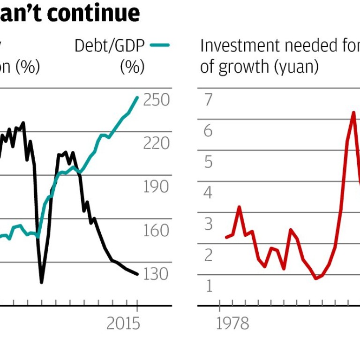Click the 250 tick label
pyautogui.click(x=157, y=100)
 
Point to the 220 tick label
pyautogui.click(x=157, y=143)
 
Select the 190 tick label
pyautogui.click(x=157, y=187)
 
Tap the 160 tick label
pyautogui.click(x=157, y=231)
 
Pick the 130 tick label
pyautogui.click(x=157, y=274)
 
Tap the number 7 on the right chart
pyautogui.click(x=208, y=100)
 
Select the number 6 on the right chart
pyautogui.click(x=208, y=131)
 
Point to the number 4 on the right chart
pyautogui.click(x=208, y=193)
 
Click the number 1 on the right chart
pyautogui.click(x=208, y=286)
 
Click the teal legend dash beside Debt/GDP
pyautogui.click(x=159, y=45)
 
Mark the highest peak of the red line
pyautogui.click(x=353, y=112)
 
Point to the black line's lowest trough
pyautogui.click(x=42, y=282)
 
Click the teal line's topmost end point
pyautogui.click(x=137, y=97)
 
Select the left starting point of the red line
pyautogui.click(x=226, y=237)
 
